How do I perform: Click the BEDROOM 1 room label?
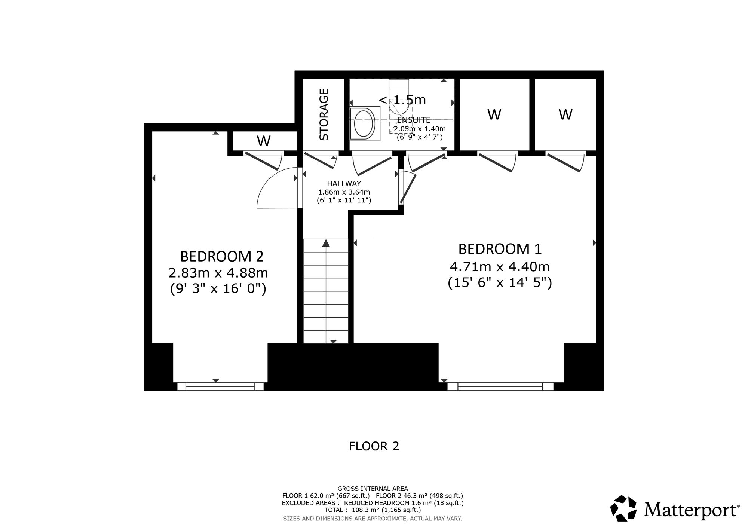point(500,249)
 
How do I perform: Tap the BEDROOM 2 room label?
point(222,257)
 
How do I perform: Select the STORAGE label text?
point(324,114)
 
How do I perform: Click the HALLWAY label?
point(344,184)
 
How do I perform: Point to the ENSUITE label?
point(414,120)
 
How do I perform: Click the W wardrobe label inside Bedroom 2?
point(264,141)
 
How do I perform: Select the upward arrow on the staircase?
point(326,243)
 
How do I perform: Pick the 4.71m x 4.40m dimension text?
point(500,267)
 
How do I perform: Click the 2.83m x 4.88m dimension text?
point(218,273)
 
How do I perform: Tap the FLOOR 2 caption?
point(374,446)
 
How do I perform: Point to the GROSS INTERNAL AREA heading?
point(373,489)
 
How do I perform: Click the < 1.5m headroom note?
point(402,100)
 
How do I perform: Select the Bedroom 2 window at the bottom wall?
point(221,386)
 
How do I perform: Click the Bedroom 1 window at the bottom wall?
point(500,386)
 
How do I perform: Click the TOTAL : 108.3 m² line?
point(373,510)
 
